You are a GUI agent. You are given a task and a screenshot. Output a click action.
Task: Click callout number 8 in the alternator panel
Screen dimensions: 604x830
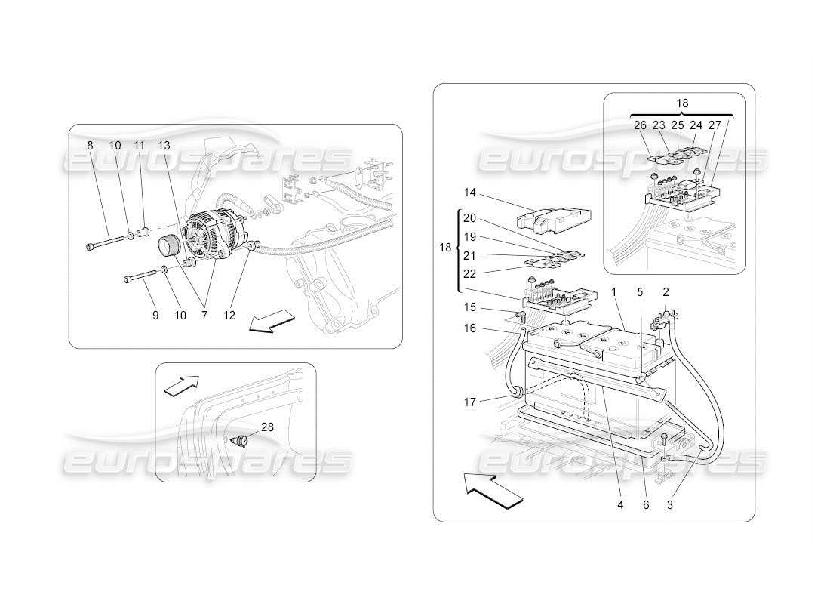pos(90,145)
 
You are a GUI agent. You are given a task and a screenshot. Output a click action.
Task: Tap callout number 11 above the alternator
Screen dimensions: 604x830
pos(139,145)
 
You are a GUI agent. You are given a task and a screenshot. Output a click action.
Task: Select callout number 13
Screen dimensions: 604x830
pos(164,145)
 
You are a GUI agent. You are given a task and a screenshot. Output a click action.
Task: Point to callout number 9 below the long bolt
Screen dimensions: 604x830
pos(155,315)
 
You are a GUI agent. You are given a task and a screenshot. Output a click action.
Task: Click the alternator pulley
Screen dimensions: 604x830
pos(169,246)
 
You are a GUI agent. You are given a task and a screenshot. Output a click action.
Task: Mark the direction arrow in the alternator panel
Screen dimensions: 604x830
pos(270,319)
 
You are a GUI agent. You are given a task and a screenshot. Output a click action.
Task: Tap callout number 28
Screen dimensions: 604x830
pos(267,427)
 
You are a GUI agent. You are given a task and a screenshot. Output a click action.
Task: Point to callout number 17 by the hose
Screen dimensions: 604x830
pos(470,402)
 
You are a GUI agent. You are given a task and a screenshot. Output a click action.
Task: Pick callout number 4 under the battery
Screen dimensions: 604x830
pos(620,505)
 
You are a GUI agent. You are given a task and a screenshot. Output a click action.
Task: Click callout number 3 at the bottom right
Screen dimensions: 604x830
pos(670,505)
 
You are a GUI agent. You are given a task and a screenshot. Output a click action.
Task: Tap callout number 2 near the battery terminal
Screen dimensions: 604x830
pos(666,291)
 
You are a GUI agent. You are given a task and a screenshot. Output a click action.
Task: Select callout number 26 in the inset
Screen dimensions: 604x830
pos(640,126)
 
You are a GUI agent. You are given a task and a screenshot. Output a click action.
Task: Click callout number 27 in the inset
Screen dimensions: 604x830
pos(714,126)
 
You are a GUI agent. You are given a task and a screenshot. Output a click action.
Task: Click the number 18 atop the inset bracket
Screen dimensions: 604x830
pos(682,103)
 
